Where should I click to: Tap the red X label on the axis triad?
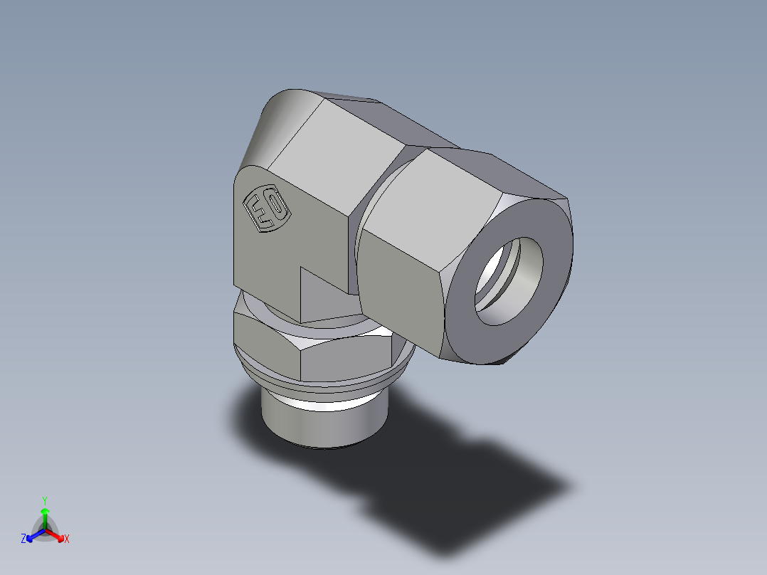[x=67, y=539]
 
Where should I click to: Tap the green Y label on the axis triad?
[x=44, y=500]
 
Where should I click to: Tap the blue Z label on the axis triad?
[x=23, y=539]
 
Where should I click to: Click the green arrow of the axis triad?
[x=45, y=515]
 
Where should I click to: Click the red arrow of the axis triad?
[x=56, y=534]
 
